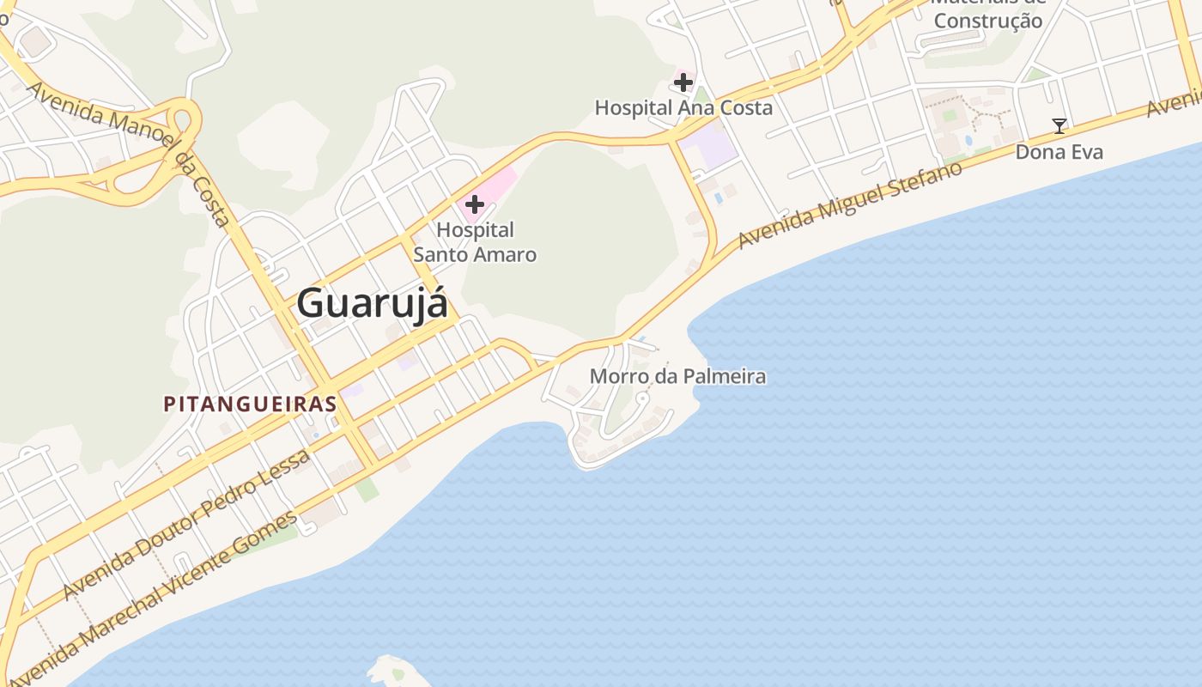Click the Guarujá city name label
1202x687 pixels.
pos(373,304)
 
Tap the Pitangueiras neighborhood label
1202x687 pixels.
pos(249,404)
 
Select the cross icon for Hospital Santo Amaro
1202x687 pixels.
pos(474,204)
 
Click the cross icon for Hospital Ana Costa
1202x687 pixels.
pos(683,82)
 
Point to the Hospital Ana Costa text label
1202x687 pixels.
pos(683,108)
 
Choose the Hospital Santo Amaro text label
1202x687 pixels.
pos(475,242)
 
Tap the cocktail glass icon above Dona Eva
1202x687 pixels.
pos(1059,126)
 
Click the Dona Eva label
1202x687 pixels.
pos(1059,152)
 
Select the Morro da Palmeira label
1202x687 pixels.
pos(677,376)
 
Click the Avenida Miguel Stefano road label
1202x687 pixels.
pos(850,204)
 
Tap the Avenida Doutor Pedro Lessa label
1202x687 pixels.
pos(185,526)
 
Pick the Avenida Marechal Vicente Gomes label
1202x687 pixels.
pos(155,597)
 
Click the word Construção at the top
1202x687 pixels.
pos(988,21)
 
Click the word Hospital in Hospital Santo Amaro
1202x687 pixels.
pos(475,230)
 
